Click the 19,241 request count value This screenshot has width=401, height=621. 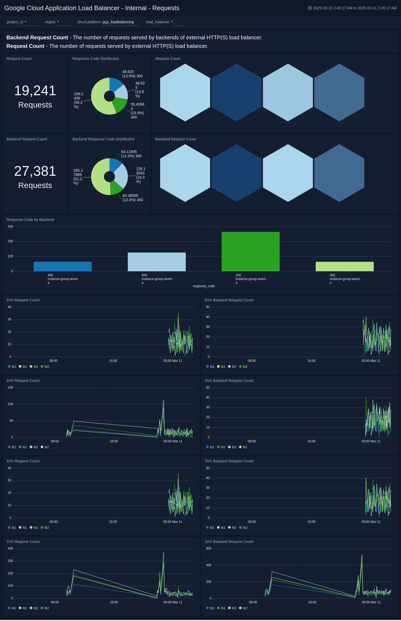click(35, 91)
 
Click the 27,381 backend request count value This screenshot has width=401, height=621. click(35, 171)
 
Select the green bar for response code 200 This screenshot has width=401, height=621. click(250, 251)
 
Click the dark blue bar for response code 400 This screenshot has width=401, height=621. click(63, 266)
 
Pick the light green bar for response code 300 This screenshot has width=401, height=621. click(345, 266)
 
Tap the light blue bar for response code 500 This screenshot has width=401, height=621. click(157, 262)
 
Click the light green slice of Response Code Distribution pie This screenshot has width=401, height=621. click(100, 103)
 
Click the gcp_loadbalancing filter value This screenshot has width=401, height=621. click(118, 22)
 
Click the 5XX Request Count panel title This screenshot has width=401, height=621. click(23, 300)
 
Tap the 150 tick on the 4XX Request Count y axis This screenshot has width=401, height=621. click(10, 388)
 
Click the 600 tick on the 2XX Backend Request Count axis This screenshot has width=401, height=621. click(209, 549)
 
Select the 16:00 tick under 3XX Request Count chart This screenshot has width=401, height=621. click(113, 522)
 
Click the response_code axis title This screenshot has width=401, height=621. click(204, 286)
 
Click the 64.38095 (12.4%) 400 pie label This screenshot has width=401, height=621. click(133, 198)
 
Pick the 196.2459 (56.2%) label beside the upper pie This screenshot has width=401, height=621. click(78, 100)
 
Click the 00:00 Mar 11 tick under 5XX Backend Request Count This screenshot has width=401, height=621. click(371, 361)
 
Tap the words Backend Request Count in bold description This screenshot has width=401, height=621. click(37, 37)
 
